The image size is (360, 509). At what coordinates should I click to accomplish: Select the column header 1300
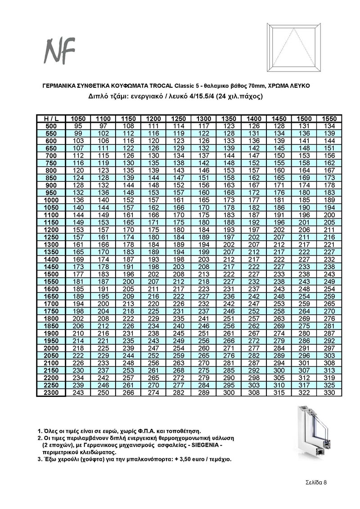204,118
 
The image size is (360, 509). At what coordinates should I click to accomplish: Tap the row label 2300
51,393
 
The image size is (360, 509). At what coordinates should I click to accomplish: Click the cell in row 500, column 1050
78,126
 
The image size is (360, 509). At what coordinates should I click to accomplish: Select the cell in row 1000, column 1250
179,200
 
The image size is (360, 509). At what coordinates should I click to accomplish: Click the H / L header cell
51,118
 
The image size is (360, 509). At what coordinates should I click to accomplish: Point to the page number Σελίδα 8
314,482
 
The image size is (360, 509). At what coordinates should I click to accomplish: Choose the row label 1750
51,311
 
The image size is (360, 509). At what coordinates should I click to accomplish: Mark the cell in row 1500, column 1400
254,274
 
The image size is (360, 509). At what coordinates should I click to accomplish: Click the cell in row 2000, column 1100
103,348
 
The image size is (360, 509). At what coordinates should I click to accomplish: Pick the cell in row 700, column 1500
305,156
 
